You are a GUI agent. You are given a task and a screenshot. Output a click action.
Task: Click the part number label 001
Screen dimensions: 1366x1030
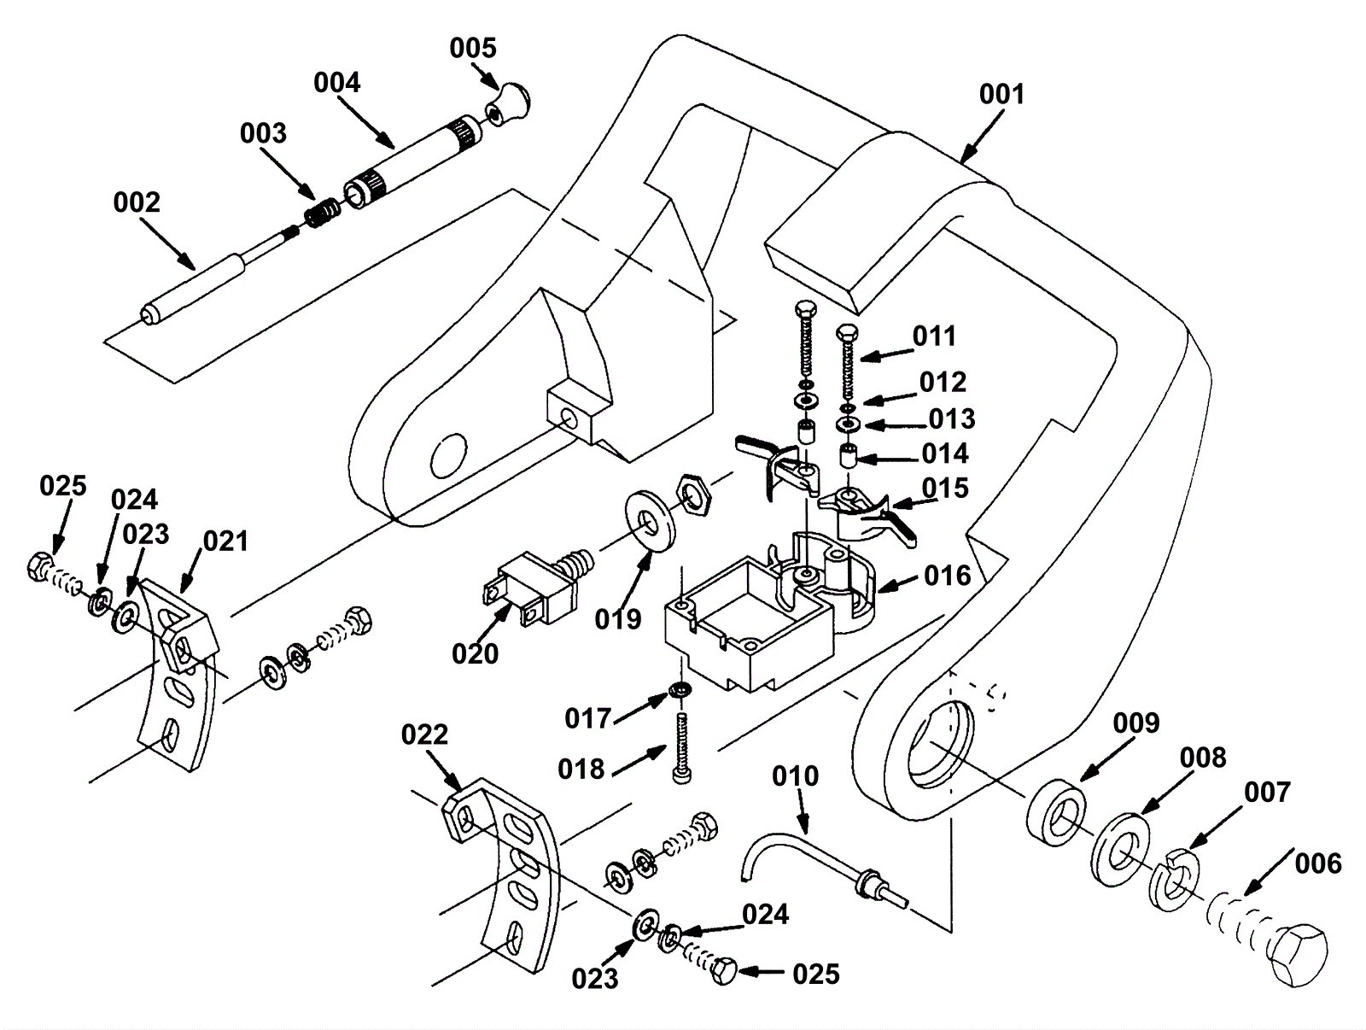[x=1001, y=95]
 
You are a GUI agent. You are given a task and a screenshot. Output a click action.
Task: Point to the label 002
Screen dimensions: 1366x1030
[x=137, y=202]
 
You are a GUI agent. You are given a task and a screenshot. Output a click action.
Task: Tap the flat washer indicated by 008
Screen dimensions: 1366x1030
[x=1119, y=850]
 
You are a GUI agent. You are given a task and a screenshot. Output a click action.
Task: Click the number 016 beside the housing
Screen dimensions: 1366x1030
[x=947, y=576]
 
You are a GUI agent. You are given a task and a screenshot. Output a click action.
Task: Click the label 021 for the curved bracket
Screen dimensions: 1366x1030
[x=225, y=541]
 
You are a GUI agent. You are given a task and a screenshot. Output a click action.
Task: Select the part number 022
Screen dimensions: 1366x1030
[x=424, y=734]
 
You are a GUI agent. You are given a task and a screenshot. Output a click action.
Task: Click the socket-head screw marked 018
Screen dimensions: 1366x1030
[x=682, y=748]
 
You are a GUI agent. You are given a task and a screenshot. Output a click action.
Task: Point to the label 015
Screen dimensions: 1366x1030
[x=945, y=489]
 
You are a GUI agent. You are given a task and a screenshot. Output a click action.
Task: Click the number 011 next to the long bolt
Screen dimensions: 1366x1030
[x=934, y=336]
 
